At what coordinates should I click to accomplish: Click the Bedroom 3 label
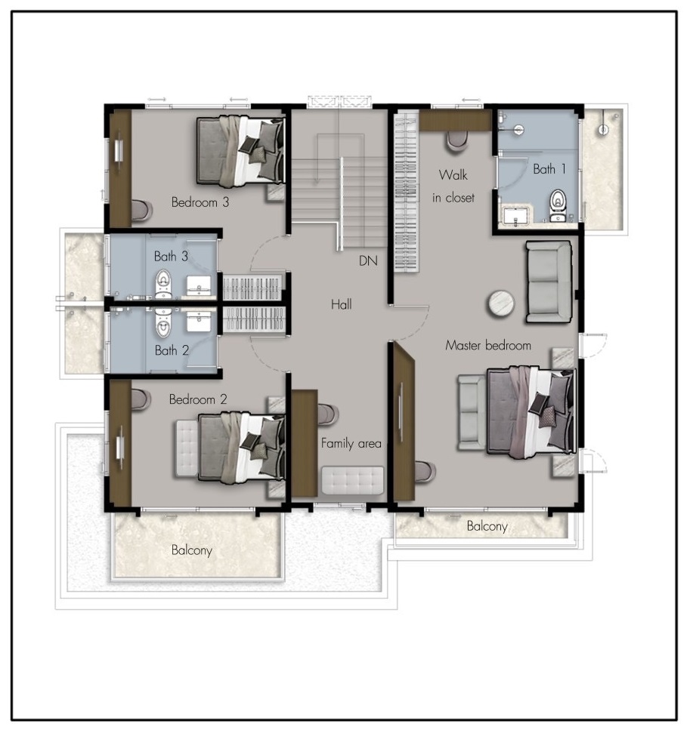(200, 202)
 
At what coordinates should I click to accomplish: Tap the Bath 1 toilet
(558, 205)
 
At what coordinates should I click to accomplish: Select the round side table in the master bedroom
(501, 304)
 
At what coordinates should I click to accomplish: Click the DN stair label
(368, 260)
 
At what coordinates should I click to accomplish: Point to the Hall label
(342, 304)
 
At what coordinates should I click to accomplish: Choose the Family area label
(351, 443)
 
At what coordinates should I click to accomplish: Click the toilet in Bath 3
(163, 283)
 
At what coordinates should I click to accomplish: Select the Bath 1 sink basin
(515, 216)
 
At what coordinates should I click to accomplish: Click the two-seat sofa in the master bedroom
(549, 282)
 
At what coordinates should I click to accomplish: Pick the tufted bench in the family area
(352, 480)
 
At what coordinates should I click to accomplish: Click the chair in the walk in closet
(456, 142)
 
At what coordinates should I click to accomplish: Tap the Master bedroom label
(488, 346)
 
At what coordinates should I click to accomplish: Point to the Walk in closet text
(453, 186)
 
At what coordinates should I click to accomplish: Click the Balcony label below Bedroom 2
(192, 550)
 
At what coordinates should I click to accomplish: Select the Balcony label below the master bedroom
(487, 526)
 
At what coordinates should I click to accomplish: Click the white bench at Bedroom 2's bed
(187, 448)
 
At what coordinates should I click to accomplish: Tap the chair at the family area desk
(328, 414)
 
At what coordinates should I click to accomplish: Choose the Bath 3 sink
(199, 285)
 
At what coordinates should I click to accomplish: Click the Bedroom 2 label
(198, 399)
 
